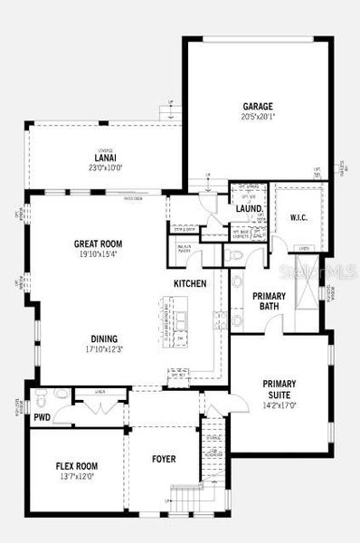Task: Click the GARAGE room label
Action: [257, 106]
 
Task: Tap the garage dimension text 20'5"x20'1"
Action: [257, 117]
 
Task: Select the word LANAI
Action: [105, 156]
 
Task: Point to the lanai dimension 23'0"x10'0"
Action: [105, 167]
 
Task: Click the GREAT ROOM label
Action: [98, 243]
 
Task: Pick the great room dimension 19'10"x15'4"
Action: [98, 254]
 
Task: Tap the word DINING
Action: [103, 339]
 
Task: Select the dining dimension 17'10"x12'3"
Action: [103, 350]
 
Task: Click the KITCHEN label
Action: [191, 283]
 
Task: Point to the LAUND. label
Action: [249, 209]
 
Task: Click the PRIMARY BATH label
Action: [269, 300]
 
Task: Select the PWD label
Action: [42, 418]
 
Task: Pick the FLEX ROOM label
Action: [76, 466]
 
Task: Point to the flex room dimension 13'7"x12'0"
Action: [76, 477]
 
